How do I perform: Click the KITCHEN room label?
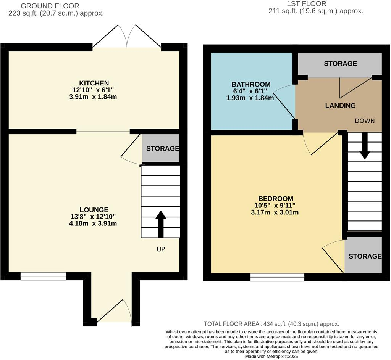click(x=94, y=83)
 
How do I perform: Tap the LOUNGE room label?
click(x=94, y=210)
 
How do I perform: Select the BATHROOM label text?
click(x=251, y=84)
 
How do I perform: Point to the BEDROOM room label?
click(x=276, y=199)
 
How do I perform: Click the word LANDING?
click(x=340, y=106)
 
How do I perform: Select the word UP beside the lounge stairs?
click(x=161, y=249)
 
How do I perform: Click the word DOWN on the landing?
click(x=365, y=121)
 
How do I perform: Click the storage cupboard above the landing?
click(x=340, y=64)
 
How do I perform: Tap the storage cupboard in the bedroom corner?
click(x=364, y=256)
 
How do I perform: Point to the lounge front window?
click(x=43, y=276)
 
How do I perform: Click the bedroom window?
click(x=277, y=277)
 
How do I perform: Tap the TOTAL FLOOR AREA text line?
click(x=271, y=324)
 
